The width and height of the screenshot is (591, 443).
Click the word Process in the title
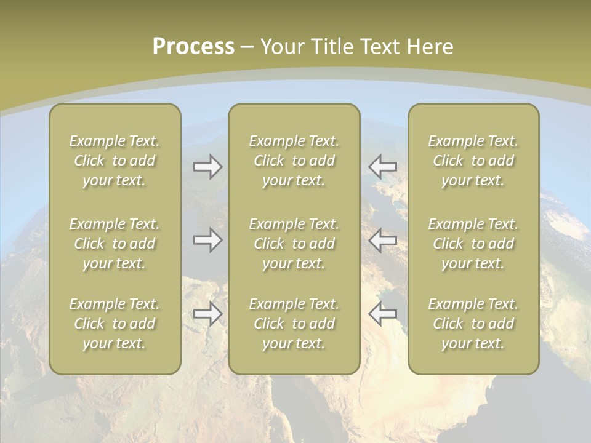click(x=193, y=47)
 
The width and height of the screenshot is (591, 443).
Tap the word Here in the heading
click(x=430, y=47)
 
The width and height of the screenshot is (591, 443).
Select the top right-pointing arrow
click(x=207, y=167)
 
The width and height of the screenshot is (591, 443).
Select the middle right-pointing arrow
click(x=207, y=240)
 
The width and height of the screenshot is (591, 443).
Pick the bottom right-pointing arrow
click(x=207, y=314)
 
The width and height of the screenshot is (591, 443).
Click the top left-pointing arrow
click(x=383, y=167)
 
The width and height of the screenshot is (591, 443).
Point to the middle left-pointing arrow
click(x=383, y=240)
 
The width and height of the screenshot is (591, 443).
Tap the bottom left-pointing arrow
click(x=383, y=314)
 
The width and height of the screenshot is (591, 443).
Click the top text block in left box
click(x=115, y=161)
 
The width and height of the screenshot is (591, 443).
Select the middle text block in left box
click(x=115, y=244)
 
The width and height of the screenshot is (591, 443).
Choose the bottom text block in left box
click(x=115, y=324)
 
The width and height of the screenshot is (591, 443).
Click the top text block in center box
click(x=294, y=161)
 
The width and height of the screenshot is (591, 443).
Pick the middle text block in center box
click(x=294, y=244)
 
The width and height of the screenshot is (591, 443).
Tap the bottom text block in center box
click(x=294, y=324)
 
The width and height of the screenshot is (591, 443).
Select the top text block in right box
click(x=473, y=161)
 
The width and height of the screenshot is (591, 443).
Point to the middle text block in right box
click(x=473, y=244)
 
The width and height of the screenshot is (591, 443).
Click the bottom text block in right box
click(x=473, y=324)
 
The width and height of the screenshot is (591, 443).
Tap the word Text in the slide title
click(x=381, y=47)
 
